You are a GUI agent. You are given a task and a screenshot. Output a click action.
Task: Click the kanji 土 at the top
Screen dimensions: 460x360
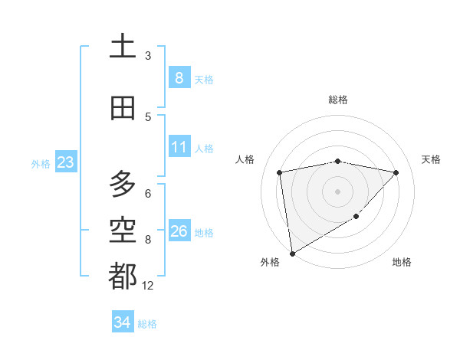(x=123, y=47)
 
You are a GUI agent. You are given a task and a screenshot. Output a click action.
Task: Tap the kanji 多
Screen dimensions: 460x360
(x=123, y=184)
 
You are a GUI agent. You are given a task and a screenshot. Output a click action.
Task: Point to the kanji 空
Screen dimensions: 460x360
(x=123, y=229)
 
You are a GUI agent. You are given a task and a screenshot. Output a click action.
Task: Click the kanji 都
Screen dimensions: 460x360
(x=123, y=275)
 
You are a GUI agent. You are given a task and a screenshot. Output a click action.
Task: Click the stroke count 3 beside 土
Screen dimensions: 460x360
(x=148, y=55)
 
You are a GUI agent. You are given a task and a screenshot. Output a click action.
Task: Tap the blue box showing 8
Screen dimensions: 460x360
(x=179, y=77)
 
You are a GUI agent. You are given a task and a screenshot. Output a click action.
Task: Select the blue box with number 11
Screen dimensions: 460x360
(x=179, y=147)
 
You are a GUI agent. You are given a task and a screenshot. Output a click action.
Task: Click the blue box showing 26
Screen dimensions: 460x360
(x=179, y=231)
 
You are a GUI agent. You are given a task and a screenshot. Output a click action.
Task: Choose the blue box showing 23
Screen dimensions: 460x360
(x=64, y=162)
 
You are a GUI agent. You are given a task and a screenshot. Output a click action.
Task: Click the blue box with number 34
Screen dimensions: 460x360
(x=122, y=322)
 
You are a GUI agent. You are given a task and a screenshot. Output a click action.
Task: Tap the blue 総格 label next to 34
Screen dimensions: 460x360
(x=147, y=324)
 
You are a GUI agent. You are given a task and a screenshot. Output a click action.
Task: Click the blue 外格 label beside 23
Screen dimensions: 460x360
(x=41, y=163)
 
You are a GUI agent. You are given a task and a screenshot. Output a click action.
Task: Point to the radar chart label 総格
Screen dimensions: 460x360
(x=338, y=100)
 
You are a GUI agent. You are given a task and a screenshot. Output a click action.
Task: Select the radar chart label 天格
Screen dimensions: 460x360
(x=432, y=159)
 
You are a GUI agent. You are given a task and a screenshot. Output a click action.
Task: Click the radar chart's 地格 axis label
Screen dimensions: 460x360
(x=402, y=263)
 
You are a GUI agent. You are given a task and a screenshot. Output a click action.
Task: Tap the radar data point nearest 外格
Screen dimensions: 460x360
(x=291, y=253)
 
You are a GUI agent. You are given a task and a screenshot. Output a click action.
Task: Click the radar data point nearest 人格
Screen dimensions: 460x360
(x=280, y=172)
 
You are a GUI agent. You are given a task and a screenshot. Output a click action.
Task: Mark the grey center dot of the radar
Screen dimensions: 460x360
(x=338, y=191)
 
